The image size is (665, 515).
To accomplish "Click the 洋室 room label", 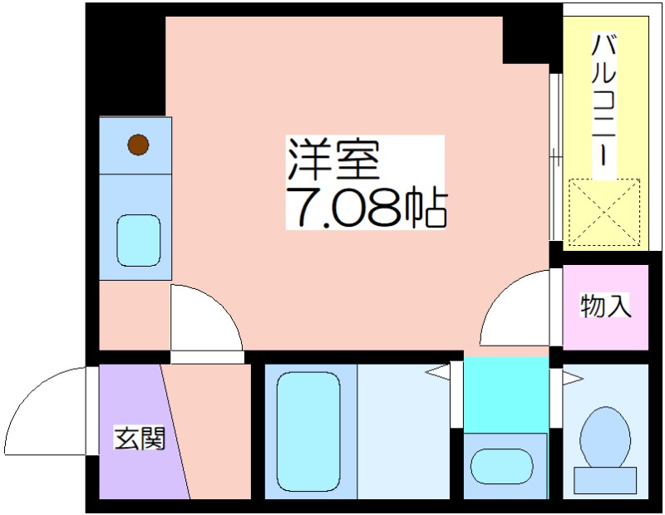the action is pos(333,159).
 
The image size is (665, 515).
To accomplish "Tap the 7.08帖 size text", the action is pos(367,207).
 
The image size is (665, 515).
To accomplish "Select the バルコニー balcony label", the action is pos(604,101).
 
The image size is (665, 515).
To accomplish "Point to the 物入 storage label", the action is pos(605,306).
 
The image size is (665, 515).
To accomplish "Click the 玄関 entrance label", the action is pos(140,438).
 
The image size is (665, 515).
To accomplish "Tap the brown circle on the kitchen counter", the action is pos(138,145).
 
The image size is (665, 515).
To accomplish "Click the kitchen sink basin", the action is pos(138,240).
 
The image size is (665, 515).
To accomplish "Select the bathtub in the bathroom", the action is pos(308,431).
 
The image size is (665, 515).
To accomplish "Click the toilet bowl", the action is pos(605,437).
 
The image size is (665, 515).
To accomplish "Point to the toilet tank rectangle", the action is pos(605,480).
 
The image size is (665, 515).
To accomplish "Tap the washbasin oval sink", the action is pos(502,466).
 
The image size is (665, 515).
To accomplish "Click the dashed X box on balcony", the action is pos(604,212).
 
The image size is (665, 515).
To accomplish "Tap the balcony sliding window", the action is pos(555,157).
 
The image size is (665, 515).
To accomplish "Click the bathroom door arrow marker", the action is pos(437,372).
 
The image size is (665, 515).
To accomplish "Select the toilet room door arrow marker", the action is pos(573,378).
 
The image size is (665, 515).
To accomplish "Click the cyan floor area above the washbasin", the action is pos(505,395).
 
